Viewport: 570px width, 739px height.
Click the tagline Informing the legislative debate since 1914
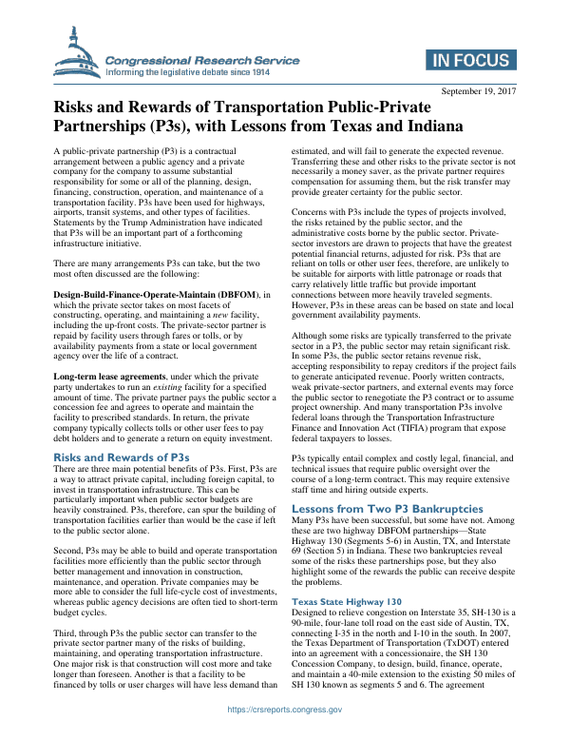(188, 71)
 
